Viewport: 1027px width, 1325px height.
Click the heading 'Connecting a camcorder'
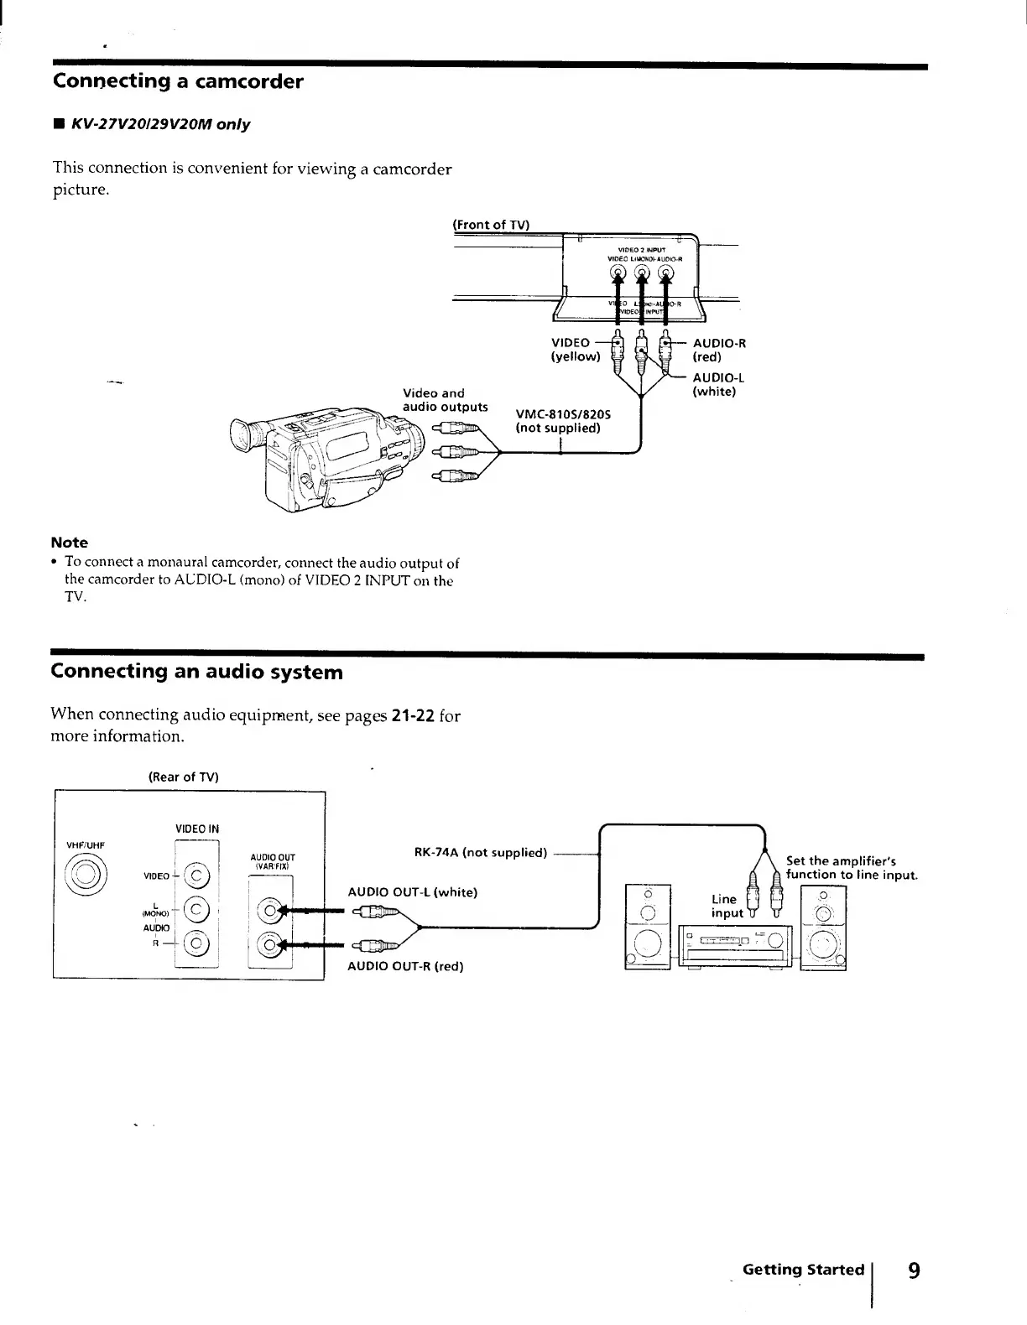pyautogui.click(x=177, y=81)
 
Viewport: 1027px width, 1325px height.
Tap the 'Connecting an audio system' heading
pyautogui.click(x=196, y=672)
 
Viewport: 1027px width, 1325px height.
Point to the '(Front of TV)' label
pyautogui.click(x=491, y=224)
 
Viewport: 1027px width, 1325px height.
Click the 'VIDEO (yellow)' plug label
pyautogui.click(x=576, y=349)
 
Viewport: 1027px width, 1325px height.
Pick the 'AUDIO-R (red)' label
pyautogui.click(x=718, y=349)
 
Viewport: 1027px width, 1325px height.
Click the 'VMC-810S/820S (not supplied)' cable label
pyautogui.click(x=563, y=421)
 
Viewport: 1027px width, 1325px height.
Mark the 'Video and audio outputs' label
pyautogui.click(x=445, y=400)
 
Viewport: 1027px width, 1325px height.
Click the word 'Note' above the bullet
pyautogui.click(x=69, y=543)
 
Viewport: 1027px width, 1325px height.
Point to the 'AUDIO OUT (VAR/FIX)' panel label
pyautogui.click(x=272, y=860)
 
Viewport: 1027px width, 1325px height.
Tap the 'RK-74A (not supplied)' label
pyautogui.click(x=480, y=853)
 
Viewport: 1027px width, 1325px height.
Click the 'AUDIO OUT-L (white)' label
pyautogui.click(x=412, y=892)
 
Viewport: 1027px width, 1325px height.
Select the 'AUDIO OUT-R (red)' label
pyautogui.click(x=405, y=966)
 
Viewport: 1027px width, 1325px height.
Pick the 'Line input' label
pyautogui.click(x=727, y=906)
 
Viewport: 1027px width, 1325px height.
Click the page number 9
pyautogui.click(x=914, y=1270)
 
